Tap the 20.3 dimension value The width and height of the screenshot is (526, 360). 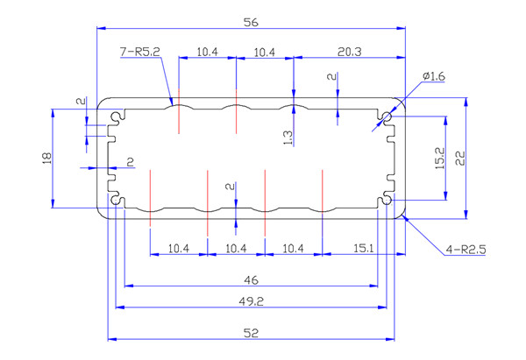tap(349, 53)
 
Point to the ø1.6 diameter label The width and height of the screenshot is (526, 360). tap(434, 77)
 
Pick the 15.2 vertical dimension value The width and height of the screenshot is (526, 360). tap(438, 158)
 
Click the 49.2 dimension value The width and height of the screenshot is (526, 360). tap(252, 300)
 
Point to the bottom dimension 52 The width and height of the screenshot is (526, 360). tap(252, 333)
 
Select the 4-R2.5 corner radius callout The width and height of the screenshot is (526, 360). tap(466, 250)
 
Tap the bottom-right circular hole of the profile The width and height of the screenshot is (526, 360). tap(387, 201)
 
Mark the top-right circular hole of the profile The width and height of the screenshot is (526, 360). tap(387, 116)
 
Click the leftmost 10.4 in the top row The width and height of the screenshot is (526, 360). tap(207, 53)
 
